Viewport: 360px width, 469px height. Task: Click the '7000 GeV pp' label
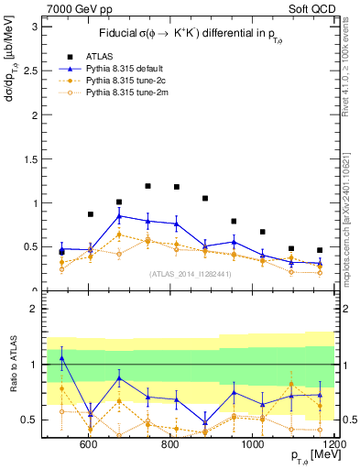pyautogui.click(x=74, y=8)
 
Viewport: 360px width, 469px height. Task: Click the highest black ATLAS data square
pyautogui.click(x=147, y=186)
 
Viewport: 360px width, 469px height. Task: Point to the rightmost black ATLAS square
pyautogui.click(x=320, y=250)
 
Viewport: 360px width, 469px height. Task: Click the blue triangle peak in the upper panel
pyautogui.click(x=119, y=216)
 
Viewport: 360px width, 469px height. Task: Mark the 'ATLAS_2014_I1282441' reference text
pyautogui.click(x=190, y=273)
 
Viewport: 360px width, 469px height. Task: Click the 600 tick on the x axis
pyautogui.click(x=89, y=444)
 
